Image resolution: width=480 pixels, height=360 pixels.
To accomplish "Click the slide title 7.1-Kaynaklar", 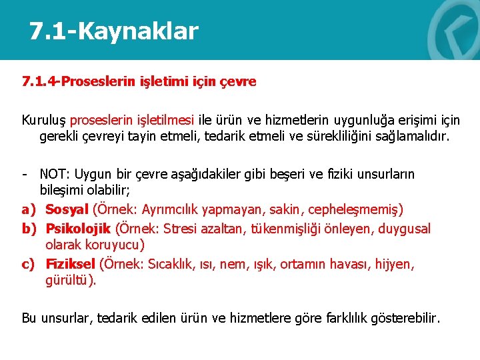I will click(113, 31).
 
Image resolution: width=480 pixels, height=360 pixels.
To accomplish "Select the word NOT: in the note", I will click(55, 175).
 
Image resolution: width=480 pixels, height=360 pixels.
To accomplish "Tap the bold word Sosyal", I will click(67, 209).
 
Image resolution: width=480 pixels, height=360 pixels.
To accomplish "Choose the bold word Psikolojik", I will click(78, 229).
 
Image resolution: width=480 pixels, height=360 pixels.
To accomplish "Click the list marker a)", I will click(28, 209).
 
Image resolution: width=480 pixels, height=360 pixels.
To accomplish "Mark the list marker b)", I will click(28, 229).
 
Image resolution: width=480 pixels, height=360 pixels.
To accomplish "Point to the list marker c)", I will click(28, 264).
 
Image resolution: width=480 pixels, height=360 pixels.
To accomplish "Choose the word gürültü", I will click(70, 281).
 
